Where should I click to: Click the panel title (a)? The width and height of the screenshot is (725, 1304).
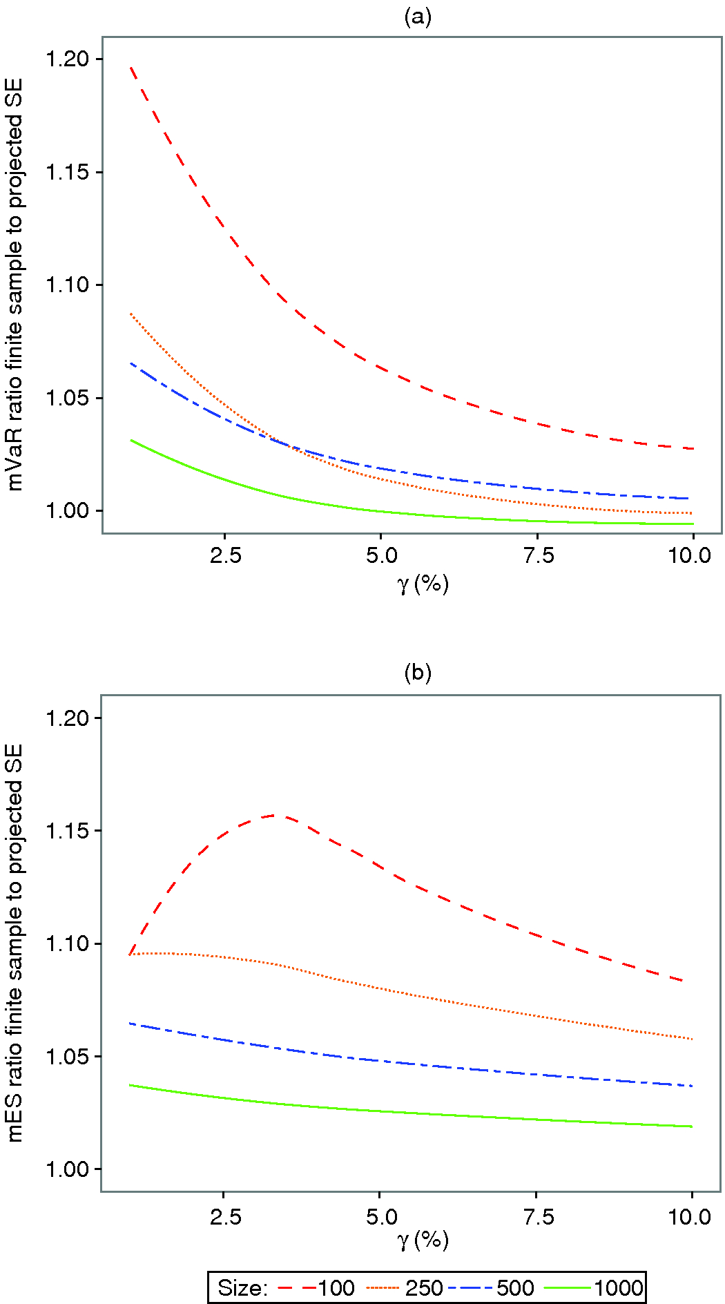418,17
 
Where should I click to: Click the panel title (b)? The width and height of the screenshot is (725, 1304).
418,672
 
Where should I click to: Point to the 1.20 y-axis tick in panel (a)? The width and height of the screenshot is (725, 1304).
67,59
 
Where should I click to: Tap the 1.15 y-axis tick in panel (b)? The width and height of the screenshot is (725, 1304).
67,831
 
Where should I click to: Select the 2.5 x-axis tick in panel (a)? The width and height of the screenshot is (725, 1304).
226,555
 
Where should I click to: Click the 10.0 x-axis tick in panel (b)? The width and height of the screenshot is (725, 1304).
690,1217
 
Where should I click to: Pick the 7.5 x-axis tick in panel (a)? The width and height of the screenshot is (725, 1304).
539,555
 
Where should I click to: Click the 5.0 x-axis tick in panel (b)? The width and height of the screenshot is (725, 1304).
381,1217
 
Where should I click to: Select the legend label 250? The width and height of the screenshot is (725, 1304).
424,1288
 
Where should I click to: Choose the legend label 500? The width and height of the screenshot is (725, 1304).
515,1288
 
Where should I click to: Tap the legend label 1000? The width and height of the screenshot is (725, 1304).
619,1288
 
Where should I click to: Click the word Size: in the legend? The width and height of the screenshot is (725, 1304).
242,1288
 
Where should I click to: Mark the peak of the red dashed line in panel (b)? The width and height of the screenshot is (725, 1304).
275,815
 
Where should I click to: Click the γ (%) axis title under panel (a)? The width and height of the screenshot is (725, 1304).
423,584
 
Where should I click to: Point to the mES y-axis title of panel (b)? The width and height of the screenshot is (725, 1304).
15,943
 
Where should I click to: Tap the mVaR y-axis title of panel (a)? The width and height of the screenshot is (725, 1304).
15,285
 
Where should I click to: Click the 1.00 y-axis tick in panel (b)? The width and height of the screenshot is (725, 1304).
67,1169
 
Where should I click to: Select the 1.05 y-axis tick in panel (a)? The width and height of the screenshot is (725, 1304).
67,399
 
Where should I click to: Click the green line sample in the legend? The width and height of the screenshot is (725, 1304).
567,1288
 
